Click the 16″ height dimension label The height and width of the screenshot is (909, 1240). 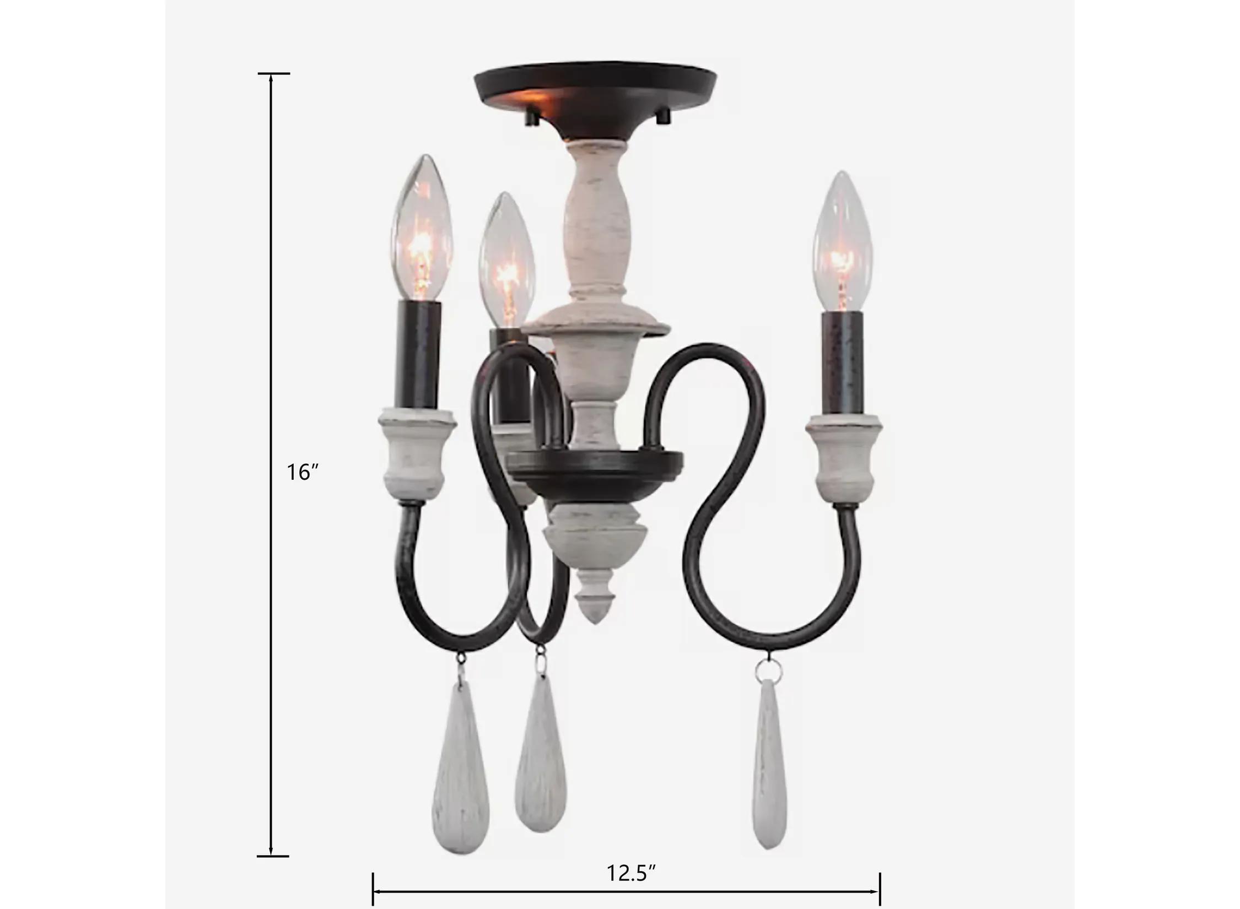(x=303, y=472)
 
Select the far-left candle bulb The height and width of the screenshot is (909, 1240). (x=422, y=228)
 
